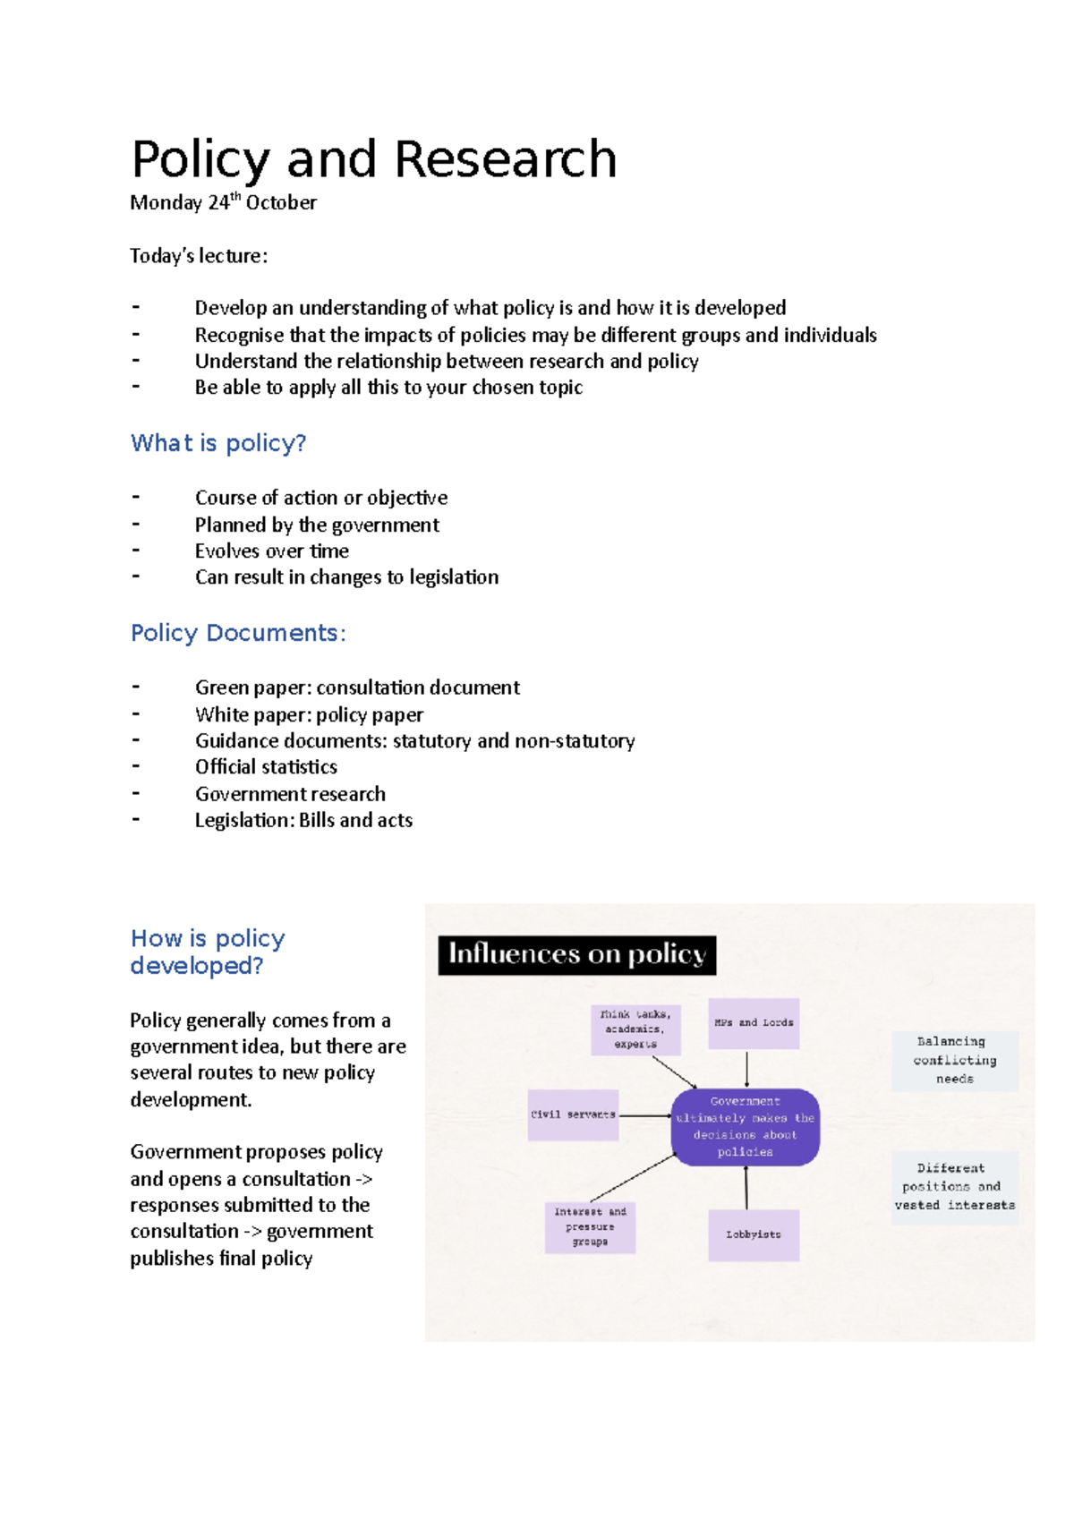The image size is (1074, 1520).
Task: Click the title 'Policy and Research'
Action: coord(373,159)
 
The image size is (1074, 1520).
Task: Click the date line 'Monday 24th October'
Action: coord(223,202)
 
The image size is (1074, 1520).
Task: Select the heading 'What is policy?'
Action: coord(218,443)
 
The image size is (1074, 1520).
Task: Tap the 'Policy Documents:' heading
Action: coord(238,633)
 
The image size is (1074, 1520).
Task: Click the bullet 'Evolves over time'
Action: coord(272,551)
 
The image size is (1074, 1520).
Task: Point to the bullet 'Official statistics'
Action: coord(266,767)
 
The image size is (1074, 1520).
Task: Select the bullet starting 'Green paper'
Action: coord(357,687)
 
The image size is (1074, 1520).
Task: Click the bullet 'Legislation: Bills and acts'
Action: coord(303,820)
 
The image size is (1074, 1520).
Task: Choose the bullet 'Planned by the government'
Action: coord(317,525)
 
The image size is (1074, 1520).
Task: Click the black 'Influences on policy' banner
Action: coord(576,954)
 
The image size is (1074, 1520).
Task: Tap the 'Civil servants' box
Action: coord(573,1114)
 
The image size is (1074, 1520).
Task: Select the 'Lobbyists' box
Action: coord(754,1234)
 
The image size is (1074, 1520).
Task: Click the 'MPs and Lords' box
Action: coord(754,1022)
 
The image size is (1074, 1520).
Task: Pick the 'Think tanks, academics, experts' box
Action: coord(635,1029)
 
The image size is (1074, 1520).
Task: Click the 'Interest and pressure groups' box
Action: coord(590,1226)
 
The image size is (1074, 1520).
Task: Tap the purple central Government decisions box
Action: coord(746,1126)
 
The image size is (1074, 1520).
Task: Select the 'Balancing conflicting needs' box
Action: coord(954,1060)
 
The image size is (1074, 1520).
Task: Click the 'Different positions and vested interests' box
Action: coord(954,1187)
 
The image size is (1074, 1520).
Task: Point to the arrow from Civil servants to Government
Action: coord(644,1115)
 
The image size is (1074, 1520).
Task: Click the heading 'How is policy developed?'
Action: coord(208,952)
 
